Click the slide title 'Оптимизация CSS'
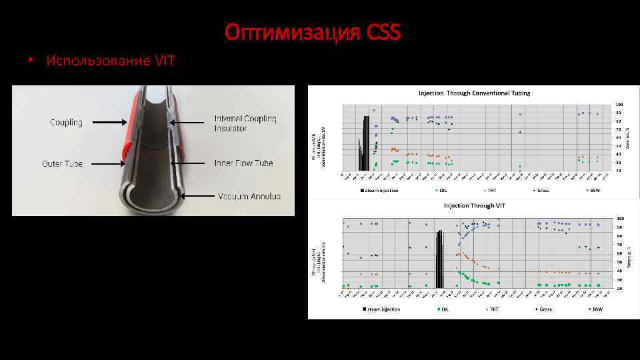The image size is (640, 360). (x=312, y=31)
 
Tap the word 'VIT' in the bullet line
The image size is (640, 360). (x=164, y=61)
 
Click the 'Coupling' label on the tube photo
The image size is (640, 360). (x=67, y=123)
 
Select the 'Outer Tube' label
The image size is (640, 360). (x=63, y=163)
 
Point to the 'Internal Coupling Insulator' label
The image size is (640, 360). (x=245, y=123)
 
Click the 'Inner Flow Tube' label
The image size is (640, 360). (x=243, y=163)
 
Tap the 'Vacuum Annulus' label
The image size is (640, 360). (x=249, y=197)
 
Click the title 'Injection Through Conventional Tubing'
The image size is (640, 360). (x=474, y=93)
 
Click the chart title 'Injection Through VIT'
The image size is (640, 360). (x=475, y=205)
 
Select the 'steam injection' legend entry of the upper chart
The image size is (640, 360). (x=381, y=191)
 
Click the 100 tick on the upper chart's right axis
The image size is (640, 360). (x=619, y=105)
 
